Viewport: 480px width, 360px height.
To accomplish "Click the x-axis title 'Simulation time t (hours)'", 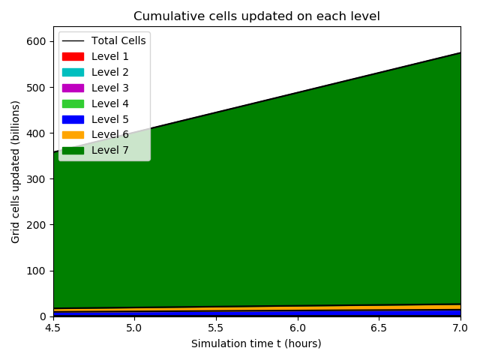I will point(256,343).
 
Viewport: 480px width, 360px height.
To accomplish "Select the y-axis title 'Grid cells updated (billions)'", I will point(16,171).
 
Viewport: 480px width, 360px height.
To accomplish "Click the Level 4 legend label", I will point(110,103).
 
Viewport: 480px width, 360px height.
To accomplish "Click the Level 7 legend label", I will point(110,150).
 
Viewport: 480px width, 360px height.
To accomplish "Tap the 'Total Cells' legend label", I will point(118,40).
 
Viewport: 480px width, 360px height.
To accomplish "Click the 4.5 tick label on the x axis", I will point(53,328).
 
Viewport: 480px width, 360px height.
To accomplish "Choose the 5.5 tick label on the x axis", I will point(216,328).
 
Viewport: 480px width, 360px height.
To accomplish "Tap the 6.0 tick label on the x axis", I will point(298,328).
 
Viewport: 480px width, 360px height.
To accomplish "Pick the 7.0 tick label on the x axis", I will point(460,328).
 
